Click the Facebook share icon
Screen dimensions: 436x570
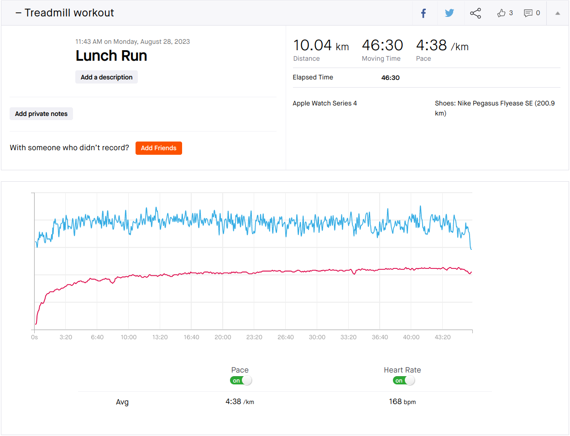click(424, 13)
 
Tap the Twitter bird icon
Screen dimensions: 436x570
click(450, 13)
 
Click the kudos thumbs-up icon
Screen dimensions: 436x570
click(501, 13)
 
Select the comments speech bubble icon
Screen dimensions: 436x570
click(528, 13)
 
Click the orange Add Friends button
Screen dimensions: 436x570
click(158, 148)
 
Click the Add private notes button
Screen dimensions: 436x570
click(41, 114)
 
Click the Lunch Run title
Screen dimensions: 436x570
click(111, 56)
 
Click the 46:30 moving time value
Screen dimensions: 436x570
click(382, 46)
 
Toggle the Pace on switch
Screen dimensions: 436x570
click(241, 380)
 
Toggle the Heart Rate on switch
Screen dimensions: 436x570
click(403, 380)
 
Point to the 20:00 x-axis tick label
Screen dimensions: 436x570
click(223, 337)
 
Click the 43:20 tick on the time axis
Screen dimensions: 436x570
click(442, 337)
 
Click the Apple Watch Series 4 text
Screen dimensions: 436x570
click(324, 103)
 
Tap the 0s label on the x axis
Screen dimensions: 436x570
click(35, 337)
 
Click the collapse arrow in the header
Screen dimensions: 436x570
click(557, 13)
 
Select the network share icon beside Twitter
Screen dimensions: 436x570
click(476, 13)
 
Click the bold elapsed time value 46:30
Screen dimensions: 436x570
click(390, 78)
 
